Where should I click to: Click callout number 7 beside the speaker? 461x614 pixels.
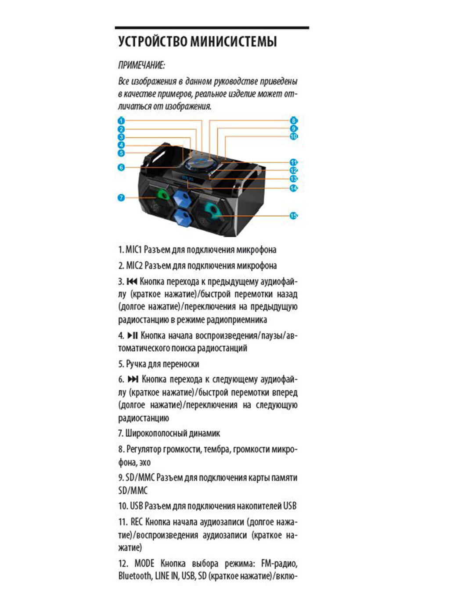click(122, 198)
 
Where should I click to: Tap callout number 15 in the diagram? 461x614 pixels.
click(293, 215)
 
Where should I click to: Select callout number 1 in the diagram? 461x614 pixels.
click(122, 121)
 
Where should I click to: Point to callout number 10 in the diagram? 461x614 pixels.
click(293, 136)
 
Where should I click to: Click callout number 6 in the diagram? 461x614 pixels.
click(122, 167)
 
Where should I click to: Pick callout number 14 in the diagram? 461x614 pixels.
click(293, 188)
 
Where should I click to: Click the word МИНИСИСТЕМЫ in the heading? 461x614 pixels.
click(234, 42)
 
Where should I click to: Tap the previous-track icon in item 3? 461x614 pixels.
click(132, 281)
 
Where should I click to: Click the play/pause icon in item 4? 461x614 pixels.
click(133, 336)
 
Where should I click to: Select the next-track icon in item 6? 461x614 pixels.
click(133, 379)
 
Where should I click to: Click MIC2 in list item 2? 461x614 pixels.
click(134, 265)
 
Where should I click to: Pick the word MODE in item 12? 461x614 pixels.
click(144, 563)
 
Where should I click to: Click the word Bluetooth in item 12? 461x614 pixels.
click(134, 576)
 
